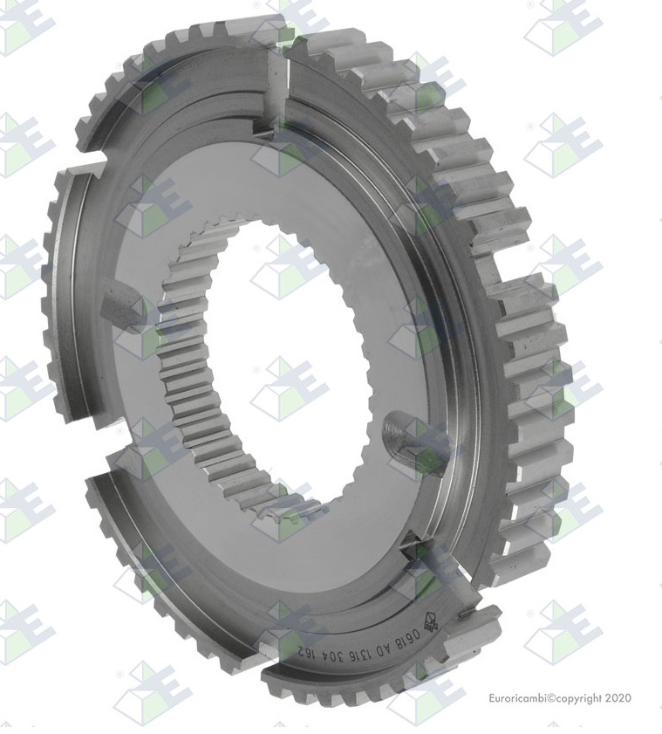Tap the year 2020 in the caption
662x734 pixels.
coord(616,698)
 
